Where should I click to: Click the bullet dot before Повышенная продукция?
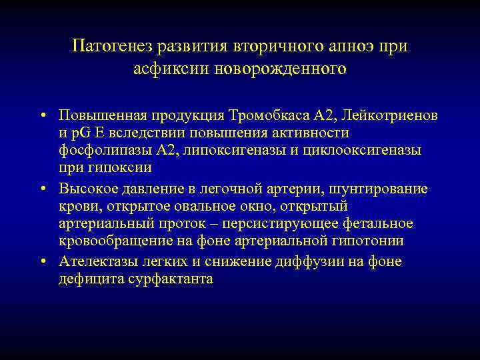click(42, 115)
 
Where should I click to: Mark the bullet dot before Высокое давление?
click(42, 189)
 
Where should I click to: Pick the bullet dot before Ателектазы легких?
click(42, 261)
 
